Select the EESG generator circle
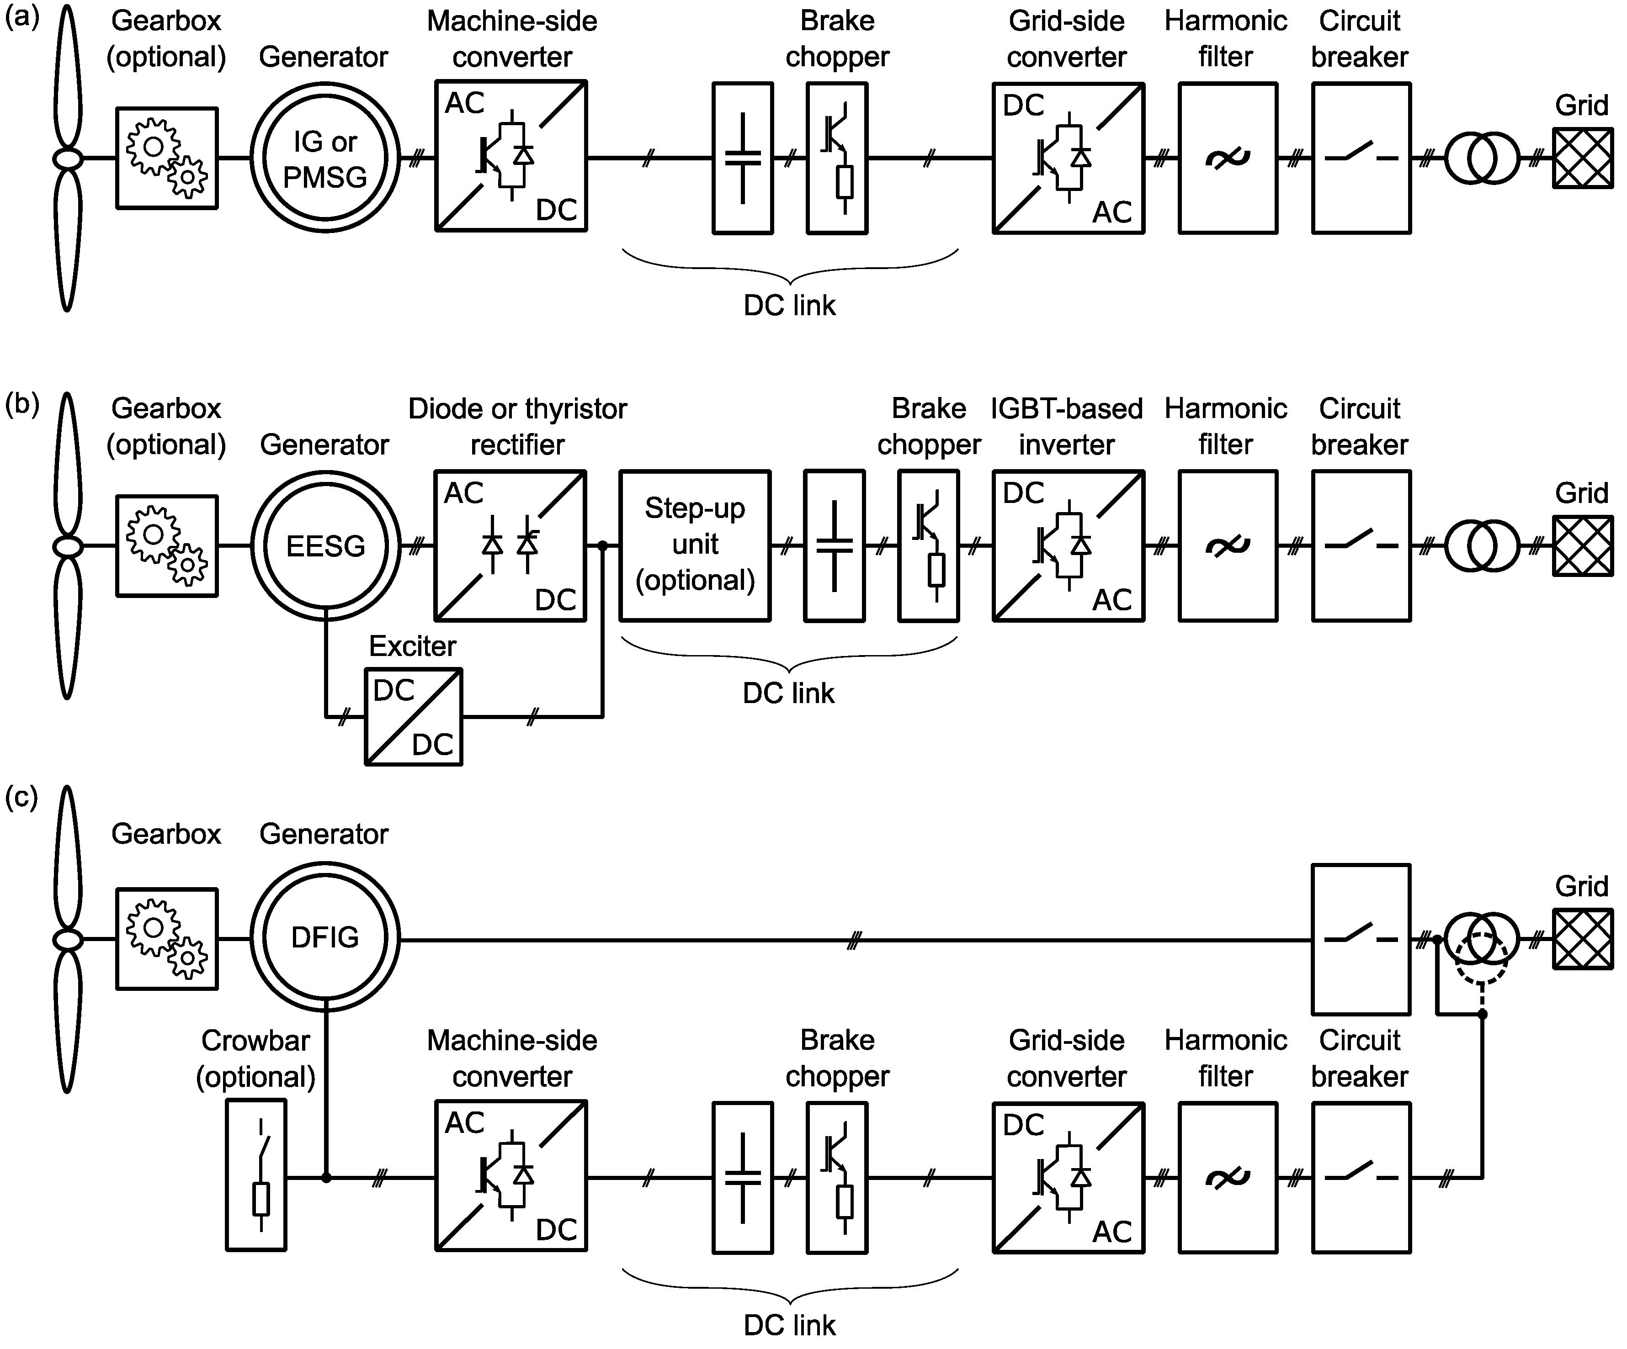coord(325,546)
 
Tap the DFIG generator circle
coord(325,938)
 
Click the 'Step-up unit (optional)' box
coord(695,545)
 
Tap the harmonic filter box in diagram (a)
coord(1227,158)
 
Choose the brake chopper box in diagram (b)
coord(928,546)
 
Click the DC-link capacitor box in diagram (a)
coord(742,158)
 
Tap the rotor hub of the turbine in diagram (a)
coord(67,159)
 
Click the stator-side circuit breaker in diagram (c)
coord(1361,939)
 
